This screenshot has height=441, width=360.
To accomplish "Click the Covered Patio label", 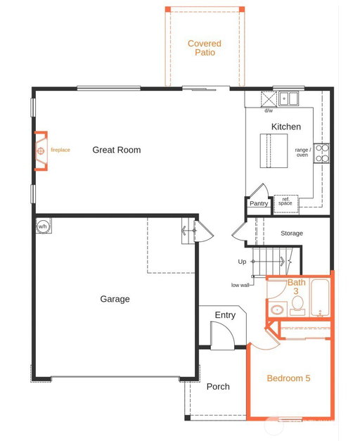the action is pos(205,48).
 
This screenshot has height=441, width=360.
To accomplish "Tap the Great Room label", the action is pos(117,150).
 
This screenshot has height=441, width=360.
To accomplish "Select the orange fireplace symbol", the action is pos(41,151).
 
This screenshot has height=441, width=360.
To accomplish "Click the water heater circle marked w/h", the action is pos(43,226).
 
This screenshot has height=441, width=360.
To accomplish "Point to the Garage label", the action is pos(115,299).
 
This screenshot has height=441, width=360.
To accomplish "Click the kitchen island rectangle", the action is pos(274,151).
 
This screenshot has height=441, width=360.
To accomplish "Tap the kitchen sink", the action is pos(288,98).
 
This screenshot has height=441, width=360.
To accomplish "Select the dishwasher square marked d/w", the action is pos(269,99).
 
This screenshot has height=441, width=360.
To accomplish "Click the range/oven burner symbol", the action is pos(321,153).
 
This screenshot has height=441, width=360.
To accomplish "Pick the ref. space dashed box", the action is pos(285,204).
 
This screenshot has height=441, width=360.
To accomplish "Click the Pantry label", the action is pos(259,203).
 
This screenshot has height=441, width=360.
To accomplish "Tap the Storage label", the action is pos(292,233).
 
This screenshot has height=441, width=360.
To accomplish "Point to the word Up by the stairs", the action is pos(242,262).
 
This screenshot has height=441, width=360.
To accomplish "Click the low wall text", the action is pos(240,285).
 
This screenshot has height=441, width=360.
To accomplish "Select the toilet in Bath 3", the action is pos(297,305).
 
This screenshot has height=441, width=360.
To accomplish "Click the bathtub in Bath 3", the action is pos(320,298).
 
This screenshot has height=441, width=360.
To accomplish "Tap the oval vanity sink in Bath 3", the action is pos(277,310).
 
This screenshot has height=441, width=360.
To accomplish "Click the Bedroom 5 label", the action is pos(288,378).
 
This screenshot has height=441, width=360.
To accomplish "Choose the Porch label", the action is pos(218,387).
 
